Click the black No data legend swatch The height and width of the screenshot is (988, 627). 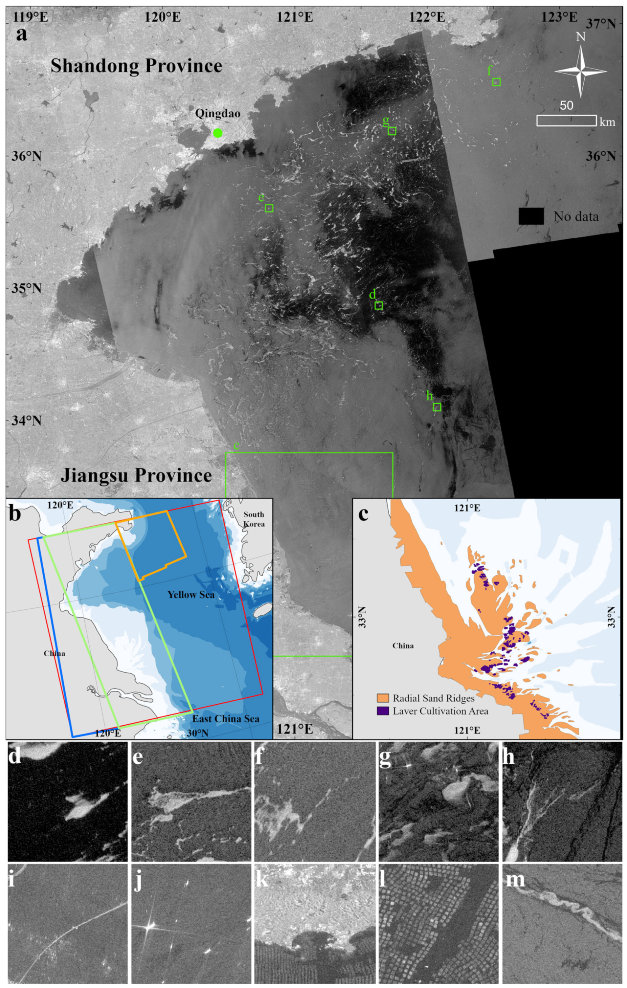click(531, 216)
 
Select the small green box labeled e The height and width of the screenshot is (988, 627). click(269, 208)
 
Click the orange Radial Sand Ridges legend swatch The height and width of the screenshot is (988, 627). click(383, 698)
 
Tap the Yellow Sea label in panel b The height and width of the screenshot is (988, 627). click(191, 594)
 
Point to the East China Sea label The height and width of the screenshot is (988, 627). click(226, 719)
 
